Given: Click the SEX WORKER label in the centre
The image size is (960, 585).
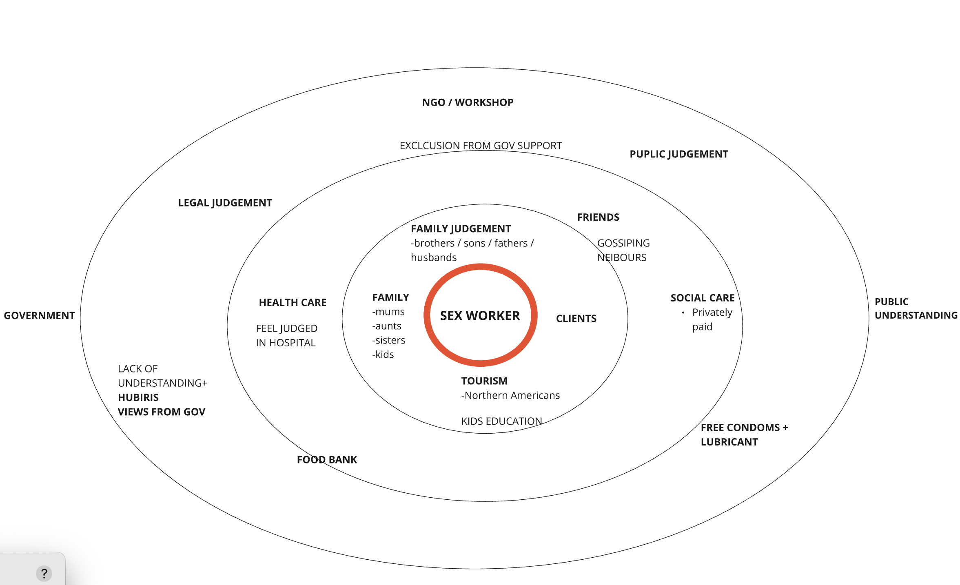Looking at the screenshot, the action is [x=480, y=315].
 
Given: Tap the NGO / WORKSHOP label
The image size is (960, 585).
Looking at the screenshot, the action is [x=468, y=102].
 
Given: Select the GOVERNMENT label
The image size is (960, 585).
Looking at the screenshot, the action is [x=39, y=315].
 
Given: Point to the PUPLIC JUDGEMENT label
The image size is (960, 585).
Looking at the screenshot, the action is [x=678, y=154].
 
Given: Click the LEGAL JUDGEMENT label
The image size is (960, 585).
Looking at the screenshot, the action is [x=225, y=203].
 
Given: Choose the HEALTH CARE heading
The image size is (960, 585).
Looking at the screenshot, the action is [x=293, y=302].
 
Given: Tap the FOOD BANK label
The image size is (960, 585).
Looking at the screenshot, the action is [x=327, y=460].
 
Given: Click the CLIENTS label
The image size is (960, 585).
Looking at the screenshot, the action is [x=576, y=319].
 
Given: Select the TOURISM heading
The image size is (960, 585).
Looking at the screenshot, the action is [x=484, y=381].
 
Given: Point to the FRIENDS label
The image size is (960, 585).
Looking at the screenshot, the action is [x=598, y=217].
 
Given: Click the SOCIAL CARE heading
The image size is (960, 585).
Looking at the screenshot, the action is [x=703, y=298].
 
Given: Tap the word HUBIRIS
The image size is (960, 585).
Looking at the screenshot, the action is [x=138, y=397].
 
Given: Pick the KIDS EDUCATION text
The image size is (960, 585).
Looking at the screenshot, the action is [x=501, y=421].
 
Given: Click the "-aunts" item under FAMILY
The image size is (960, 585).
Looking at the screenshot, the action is [x=387, y=326].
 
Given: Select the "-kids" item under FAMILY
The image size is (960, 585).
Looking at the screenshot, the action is [x=383, y=355].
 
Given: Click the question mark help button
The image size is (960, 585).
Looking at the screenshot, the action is [x=44, y=574].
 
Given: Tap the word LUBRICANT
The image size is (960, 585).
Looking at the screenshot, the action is [x=729, y=442].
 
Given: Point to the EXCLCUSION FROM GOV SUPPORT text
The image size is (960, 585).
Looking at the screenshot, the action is [x=481, y=146].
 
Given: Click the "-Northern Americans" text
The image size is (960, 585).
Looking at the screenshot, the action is [x=510, y=395].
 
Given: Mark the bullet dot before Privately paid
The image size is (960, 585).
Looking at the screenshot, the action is [x=683, y=313].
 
